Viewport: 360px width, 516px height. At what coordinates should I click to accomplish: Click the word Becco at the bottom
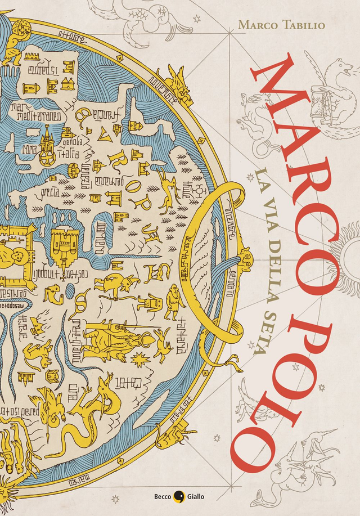click(161, 496)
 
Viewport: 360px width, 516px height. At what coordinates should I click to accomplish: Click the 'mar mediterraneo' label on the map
click(31, 110)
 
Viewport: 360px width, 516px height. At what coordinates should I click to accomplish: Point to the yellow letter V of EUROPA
click(105, 135)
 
